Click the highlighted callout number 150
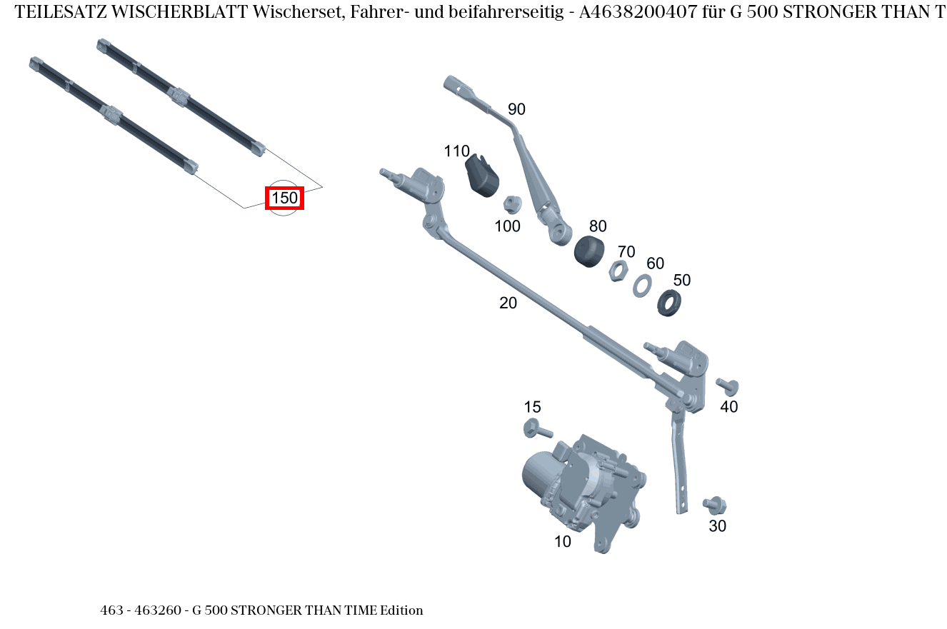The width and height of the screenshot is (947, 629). click(x=284, y=198)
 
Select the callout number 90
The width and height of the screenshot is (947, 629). click(x=516, y=109)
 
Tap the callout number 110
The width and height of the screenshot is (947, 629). click(x=456, y=151)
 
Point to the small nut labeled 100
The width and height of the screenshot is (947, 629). click(x=511, y=204)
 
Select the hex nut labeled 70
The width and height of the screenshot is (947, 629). click(x=618, y=271)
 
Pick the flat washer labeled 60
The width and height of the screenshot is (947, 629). click(x=641, y=286)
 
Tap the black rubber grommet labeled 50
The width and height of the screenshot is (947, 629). click(x=668, y=303)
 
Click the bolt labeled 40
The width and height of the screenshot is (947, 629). click(x=728, y=386)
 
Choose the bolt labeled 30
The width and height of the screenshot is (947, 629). click(x=714, y=505)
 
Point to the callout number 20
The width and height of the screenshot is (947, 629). click(x=508, y=303)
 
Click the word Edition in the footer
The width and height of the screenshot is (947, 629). click(x=401, y=610)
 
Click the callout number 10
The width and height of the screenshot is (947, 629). click(x=563, y=542)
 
